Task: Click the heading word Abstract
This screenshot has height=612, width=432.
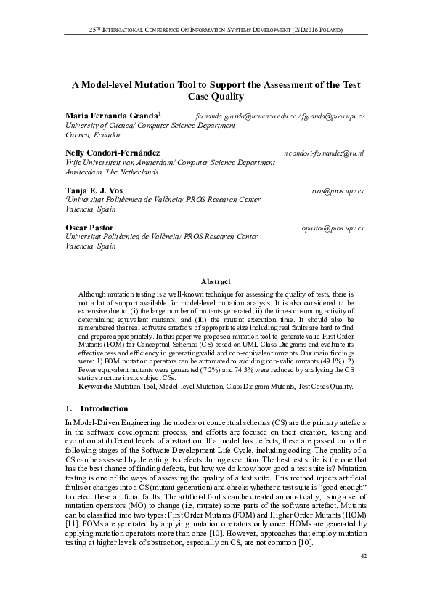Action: [216, 281]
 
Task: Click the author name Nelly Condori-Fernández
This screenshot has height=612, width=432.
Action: [113, 154]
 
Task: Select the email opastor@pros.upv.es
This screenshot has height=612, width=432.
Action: [333, 228]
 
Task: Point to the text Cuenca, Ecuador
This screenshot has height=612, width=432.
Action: [94, 135]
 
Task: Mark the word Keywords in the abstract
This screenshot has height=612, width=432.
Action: [95, 387]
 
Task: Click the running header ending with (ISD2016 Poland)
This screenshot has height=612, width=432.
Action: [216, 31]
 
